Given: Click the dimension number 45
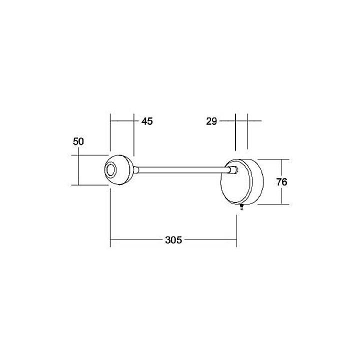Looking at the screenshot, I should (x=146, y=121).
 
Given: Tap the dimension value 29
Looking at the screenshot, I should (x=211, y=121).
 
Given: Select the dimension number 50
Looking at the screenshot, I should (x=78, y=141).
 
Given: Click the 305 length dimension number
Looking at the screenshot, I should (x=172, y=240).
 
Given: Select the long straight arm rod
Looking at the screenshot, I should (x=180, y=170).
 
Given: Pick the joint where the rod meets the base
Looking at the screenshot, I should (x=232, y=170).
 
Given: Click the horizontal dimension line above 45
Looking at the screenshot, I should (x=122, y=120).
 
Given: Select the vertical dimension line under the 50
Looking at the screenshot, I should (x=78, y=170).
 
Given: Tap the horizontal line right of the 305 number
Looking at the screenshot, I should (x=210, y=240).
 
